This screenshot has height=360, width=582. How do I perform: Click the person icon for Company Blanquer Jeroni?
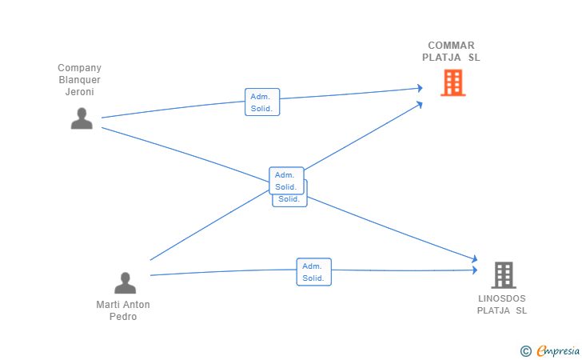tap(82, 118)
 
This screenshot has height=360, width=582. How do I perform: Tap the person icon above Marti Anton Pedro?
tap(125, 283)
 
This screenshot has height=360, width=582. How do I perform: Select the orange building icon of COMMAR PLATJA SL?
tap(453, 83)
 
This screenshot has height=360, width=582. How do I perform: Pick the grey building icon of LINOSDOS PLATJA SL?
tap(504, 275)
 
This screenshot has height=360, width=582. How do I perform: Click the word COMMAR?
tap(451, 46)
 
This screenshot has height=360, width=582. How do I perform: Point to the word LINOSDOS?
tap(502, 298)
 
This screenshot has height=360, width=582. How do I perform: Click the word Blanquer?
tap(79, 80)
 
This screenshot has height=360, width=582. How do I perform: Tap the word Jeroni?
tap(79, 92)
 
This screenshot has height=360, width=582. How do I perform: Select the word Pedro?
tap(123, 317)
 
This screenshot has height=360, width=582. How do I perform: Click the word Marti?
tap(106, 305)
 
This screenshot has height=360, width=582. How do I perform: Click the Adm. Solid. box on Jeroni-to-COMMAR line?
tap(262, 102)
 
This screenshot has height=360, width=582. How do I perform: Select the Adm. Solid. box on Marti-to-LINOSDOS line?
tap(313, 272)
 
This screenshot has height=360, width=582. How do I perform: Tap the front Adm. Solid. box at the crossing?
tap(286, 181)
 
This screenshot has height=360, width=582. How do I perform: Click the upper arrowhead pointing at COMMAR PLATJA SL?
tap(420, 88)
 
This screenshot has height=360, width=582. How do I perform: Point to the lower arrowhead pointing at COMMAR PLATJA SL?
tap(420, 104)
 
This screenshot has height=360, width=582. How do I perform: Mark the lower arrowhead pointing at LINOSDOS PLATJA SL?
tap(474, 270)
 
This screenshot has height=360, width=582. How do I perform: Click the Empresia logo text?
tap(558, 350)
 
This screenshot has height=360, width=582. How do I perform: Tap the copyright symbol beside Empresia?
tap(526, 351)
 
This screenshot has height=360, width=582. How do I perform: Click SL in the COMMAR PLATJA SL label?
tap(474, 58)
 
